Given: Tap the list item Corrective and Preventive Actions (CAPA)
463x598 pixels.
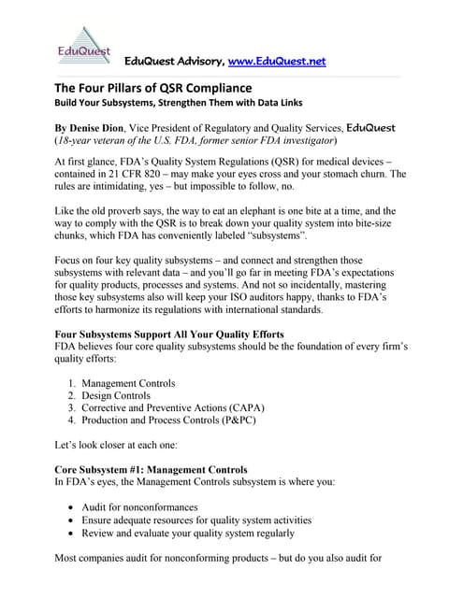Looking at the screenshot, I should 171,408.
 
